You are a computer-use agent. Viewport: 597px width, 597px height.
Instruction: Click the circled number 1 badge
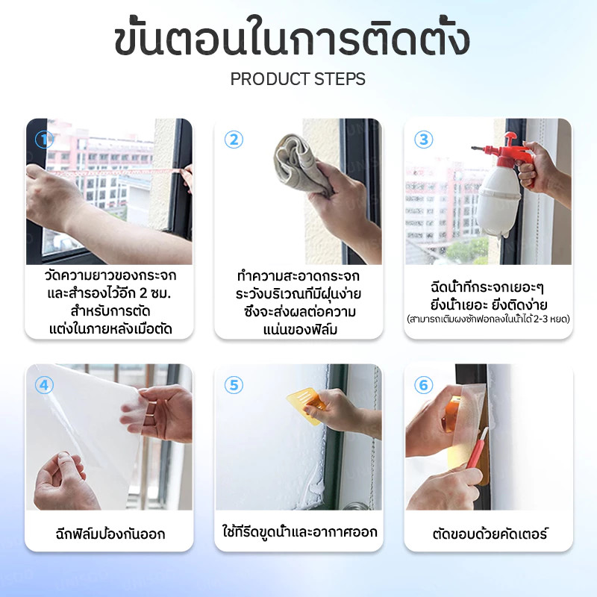pyautogui.click(x=44, y=140)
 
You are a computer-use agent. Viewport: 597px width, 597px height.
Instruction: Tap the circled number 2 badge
pyautogui.click(x=234, y=140)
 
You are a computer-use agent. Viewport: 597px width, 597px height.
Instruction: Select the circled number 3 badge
pyautogui.click(x=423, y=140)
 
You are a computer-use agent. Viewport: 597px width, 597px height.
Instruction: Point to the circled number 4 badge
pyautogui.click(x=44, y=385)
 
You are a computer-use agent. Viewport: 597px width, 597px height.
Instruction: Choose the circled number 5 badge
pyautogui.click(x=234, y=385)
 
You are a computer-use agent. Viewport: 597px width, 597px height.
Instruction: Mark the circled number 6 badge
pyautogui.click(x=423, y=385)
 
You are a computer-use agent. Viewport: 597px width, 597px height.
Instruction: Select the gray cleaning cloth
pyautogui.click(x=299, y=163)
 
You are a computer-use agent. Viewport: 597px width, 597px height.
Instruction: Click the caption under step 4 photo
pyautogui.click(x=110, y=534)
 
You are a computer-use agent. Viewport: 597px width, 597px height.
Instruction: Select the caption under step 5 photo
pyautogui.click(x=300, y=531)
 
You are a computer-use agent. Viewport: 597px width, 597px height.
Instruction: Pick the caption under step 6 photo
pyautogui.click(x=490, y=534)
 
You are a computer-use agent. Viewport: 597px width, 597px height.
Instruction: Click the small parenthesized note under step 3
pyautogui.click(x=489, y=319)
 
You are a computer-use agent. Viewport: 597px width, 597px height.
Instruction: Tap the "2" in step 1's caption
pyautogui.click(x=143, y=293)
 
